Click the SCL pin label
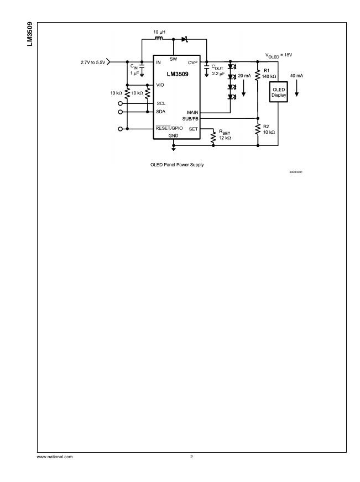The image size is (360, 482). (161, 103)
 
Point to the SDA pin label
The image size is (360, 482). (161, 112)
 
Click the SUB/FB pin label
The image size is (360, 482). (190, 118)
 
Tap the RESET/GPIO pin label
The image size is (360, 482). (169, 128)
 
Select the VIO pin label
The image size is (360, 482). (160, 85)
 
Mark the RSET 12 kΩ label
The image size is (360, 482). (225, 134)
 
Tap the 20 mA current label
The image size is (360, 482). (244, 75)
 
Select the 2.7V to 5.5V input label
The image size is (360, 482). (92, 61)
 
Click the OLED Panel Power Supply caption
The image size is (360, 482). (177, 165)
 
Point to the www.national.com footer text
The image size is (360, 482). (54, 457)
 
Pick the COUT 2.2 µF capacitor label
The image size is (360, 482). (217, 70)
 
